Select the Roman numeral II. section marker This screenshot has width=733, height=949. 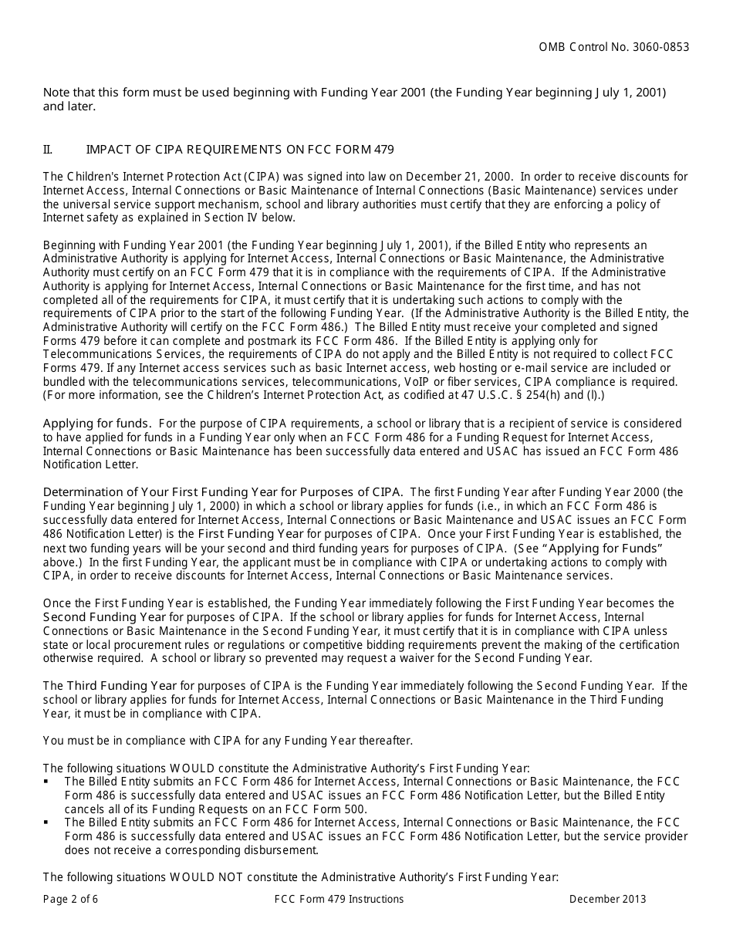click(48, 149)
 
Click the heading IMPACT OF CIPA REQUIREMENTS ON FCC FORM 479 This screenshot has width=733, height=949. click(240, 149)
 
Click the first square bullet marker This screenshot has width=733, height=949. click(47, 782)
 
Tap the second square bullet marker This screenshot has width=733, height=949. click(47, 823)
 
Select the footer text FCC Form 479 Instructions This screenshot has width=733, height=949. click(339, 899)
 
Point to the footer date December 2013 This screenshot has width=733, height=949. click(608, 899)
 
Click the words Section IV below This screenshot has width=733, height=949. click(251, 218)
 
